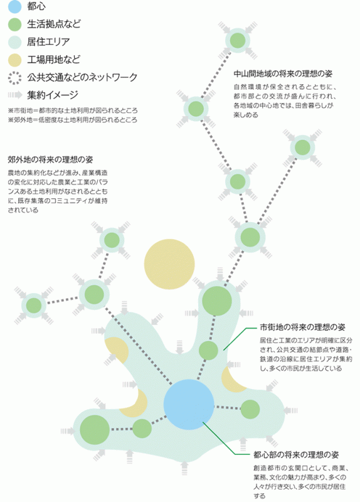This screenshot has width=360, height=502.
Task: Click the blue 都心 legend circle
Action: [x=14, y=7]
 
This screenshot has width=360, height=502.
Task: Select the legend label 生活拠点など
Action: [x=54, y=24]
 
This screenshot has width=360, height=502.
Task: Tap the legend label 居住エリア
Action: [x=48, y=42]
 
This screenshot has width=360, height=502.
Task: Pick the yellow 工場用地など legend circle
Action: [x=14, y=60]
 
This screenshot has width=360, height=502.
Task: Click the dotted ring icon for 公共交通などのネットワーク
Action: [x=14, y=78]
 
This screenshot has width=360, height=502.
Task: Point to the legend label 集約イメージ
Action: [x=53, y=95]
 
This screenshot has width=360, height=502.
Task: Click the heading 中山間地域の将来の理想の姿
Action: [x=283, y=74]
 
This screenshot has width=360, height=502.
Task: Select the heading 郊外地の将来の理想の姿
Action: [x=50, y=160]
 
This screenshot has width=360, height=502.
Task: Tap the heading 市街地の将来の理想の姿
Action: [x=302, y=327]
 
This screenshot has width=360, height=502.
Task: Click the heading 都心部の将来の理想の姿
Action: [x=296, y=454]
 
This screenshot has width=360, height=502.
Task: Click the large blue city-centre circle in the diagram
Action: [x=189, y=405]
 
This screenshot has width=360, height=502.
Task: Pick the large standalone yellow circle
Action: [x=169, y=264]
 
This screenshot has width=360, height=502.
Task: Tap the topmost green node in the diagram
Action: [x=238, y=41]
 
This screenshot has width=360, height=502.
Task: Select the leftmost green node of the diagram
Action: [x=34, y=306]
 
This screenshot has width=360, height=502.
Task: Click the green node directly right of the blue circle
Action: [x=250, y=409]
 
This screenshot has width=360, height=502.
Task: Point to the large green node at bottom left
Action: [x=95, y=430]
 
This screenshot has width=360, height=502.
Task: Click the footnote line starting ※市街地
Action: [x=73, y=111]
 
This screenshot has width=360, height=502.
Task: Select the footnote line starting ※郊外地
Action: [x=73, y=120]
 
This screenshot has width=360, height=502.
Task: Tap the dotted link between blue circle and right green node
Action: [x=227, y=407]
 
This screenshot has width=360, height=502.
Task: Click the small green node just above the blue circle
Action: [x=208, y=350]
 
